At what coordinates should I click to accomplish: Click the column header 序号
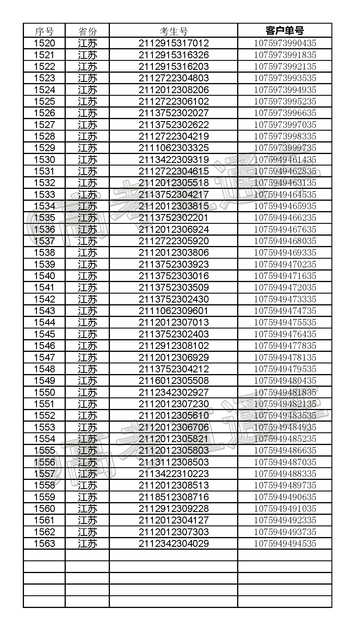pos(44,31)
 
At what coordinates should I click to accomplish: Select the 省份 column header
pos(87,31)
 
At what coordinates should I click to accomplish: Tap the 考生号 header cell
pos(174,31)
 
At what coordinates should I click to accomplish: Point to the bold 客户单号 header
pos(285,30)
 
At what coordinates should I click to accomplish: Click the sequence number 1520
pos(44,43)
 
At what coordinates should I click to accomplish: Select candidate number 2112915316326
pos(174,55)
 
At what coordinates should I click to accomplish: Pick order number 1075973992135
pos(285,67)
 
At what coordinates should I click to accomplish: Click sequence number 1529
pos(44,148)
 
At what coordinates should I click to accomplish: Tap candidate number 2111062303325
pos(174,148)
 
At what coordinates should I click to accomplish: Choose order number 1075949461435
pos(285,159)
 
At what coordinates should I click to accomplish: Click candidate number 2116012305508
pos(174,381)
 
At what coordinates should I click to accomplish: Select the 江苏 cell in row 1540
pos(87,276)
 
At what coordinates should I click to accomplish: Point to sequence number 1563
pos(44,543)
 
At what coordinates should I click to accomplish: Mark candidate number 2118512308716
pos(174,497)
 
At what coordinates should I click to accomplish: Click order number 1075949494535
pos(285,543)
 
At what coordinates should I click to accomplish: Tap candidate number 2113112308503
pos(174,462)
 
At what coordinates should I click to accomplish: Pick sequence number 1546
pos(44,346)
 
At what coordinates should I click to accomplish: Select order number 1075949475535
pos(285,322)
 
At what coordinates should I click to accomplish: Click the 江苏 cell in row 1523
pos(87,78)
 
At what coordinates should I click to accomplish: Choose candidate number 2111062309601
pos(174,311)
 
